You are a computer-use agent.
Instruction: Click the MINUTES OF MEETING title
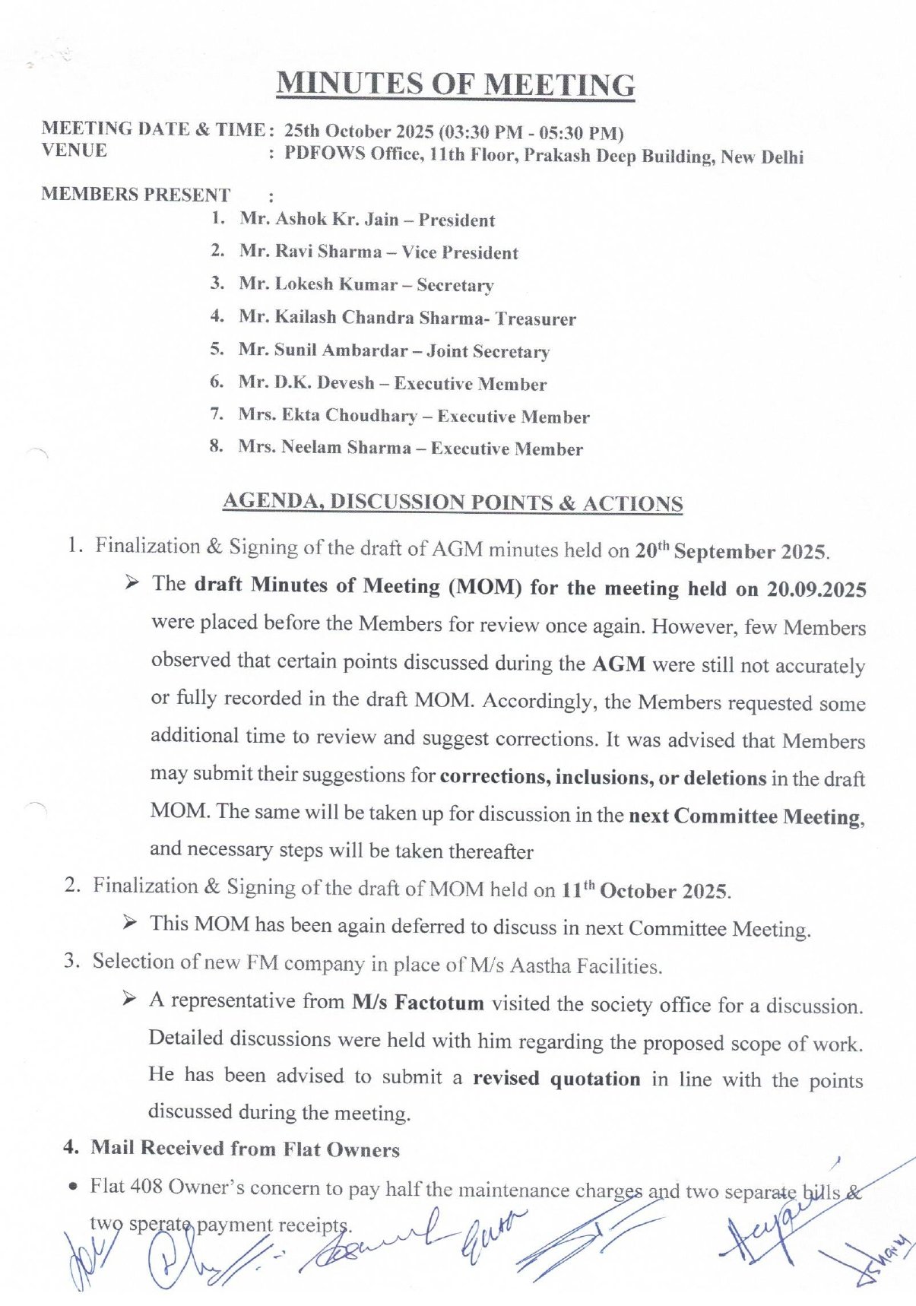(x=455, y=84)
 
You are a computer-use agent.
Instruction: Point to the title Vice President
(x=460, y=252)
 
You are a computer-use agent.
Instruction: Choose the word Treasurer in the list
(x=536, y=319)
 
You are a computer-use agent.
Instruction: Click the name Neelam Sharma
(x=346, y=448)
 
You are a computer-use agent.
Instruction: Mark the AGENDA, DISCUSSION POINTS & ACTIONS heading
(x=452, y=502)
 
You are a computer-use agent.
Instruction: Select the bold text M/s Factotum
(x=417, y=1003)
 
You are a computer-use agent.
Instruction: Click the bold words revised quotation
(x=556, y=1079)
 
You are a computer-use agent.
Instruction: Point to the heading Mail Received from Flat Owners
(x=245, y=1149)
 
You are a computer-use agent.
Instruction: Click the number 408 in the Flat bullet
(x=147, y=1187)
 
